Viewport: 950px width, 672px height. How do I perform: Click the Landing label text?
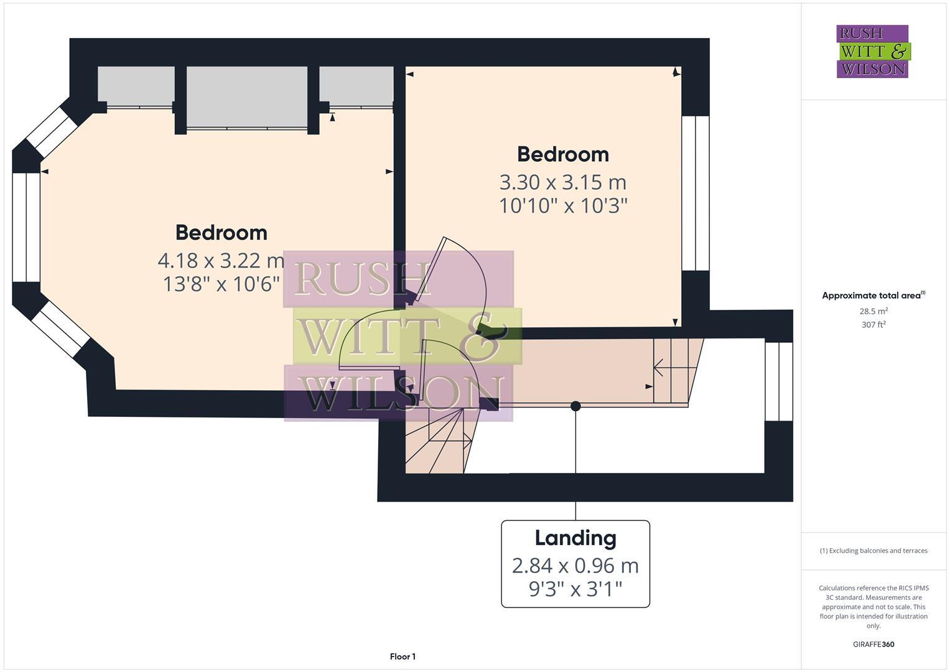tap(575, 538)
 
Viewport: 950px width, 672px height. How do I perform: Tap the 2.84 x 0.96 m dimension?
tap(575, 566)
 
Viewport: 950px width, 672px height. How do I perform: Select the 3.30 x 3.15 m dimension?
tap(563, 182)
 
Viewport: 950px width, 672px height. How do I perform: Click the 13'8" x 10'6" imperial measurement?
tap(221, 284)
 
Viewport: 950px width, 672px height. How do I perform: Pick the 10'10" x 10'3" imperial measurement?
tap(563, 205)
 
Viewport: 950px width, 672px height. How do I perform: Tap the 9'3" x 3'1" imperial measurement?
tap(575, 589)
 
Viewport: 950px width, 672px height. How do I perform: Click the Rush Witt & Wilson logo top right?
tap(872, 51)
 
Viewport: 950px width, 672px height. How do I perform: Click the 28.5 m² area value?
tap(873, 311)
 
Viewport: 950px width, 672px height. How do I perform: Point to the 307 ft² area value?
tap(873, 325)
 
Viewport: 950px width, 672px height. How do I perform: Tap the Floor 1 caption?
tap(403, 656)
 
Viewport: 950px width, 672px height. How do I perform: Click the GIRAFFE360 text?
tap(873, 645)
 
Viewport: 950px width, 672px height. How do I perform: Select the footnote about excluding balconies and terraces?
tap(873, 551)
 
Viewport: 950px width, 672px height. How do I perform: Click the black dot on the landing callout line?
tap(575, 406)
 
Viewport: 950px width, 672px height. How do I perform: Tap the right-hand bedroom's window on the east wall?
tap(696, 193)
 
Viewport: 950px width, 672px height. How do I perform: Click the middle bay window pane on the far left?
tap(26, 227)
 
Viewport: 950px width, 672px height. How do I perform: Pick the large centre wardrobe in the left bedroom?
tap(247, 98)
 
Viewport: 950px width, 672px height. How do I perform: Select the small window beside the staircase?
tap(779, 381)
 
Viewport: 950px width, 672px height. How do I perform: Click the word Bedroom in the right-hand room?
tap(563, 154)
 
